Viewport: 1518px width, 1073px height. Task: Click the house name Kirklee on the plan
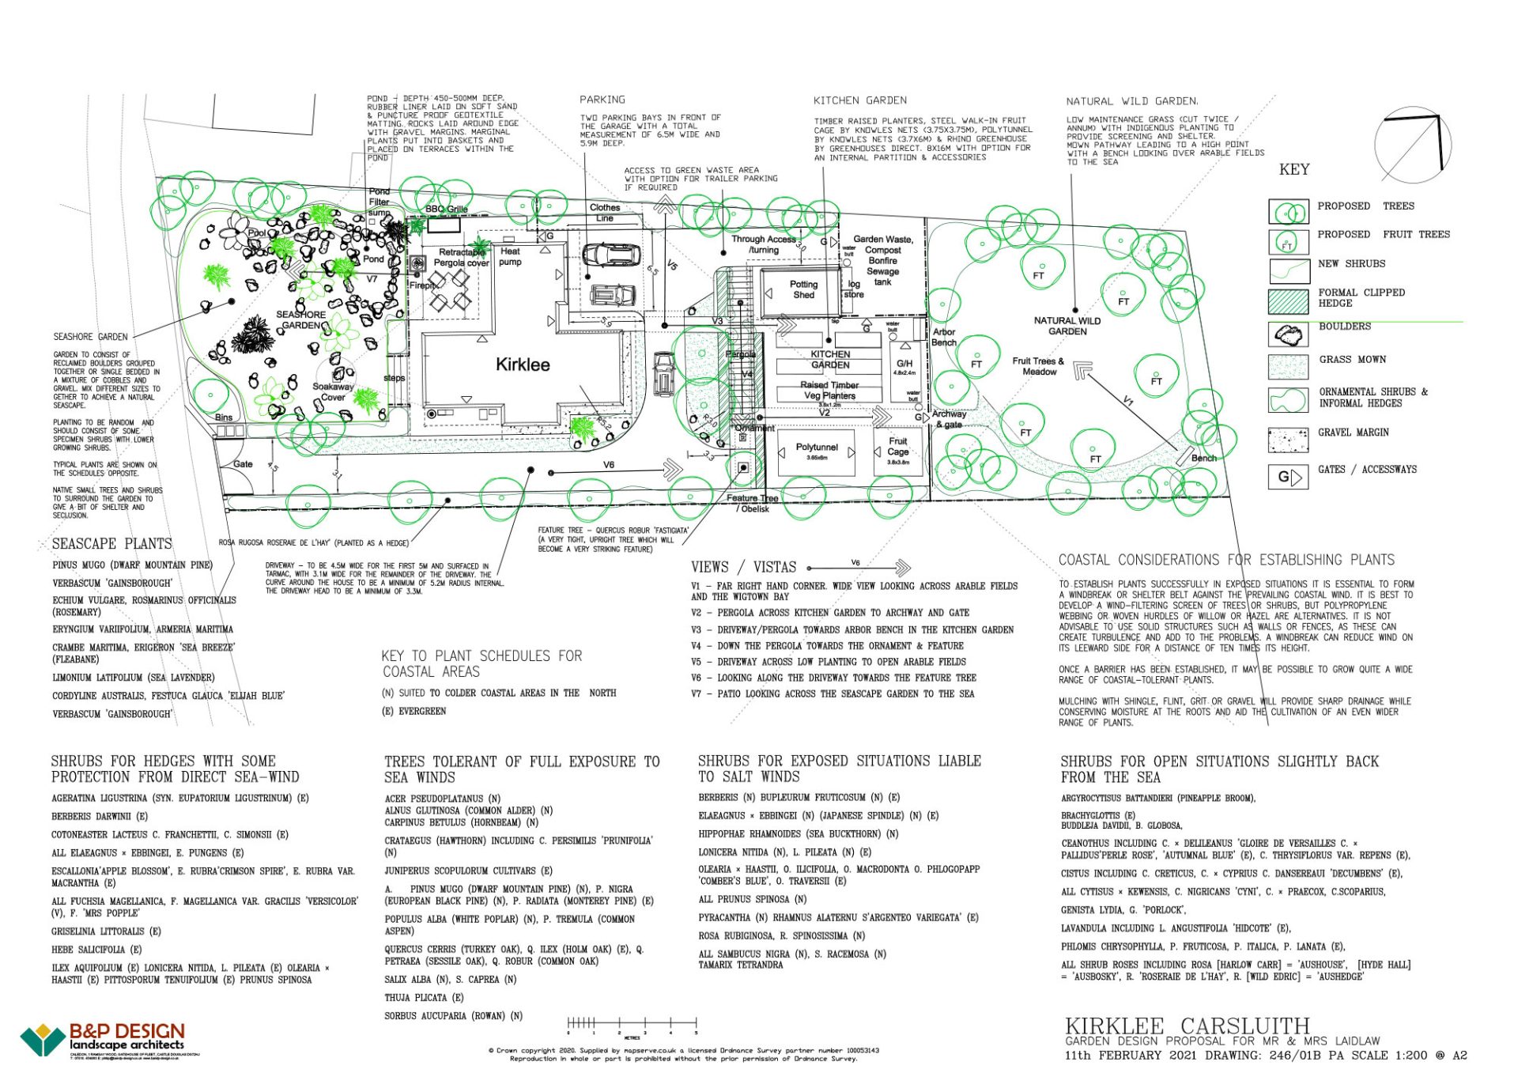click(522, 365)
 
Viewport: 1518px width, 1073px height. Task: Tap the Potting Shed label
click(803, 289)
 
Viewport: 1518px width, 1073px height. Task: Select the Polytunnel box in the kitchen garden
click(816, 451)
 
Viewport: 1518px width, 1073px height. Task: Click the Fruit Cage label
click(897, 447)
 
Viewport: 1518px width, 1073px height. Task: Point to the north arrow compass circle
click(1412, 145)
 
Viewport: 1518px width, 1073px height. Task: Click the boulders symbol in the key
click(1288, 334)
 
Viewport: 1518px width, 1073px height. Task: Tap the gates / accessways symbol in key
click(1288, 477)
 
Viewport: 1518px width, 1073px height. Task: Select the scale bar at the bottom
click(632, 1024)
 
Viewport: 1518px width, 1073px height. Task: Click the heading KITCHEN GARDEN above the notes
click(859, 100)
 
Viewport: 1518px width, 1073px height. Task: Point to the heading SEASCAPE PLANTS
click(111, 544)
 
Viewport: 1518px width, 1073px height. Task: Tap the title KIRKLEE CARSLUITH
click(1187, 1026)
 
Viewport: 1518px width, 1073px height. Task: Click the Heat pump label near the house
click(510, 256)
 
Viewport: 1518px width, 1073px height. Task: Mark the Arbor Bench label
click(943, 337)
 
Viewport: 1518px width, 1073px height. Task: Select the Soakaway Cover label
click(333, 391)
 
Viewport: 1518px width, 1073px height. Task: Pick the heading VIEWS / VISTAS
click(743, 567)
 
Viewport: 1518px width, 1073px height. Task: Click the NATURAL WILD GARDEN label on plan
click(1067, 326)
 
